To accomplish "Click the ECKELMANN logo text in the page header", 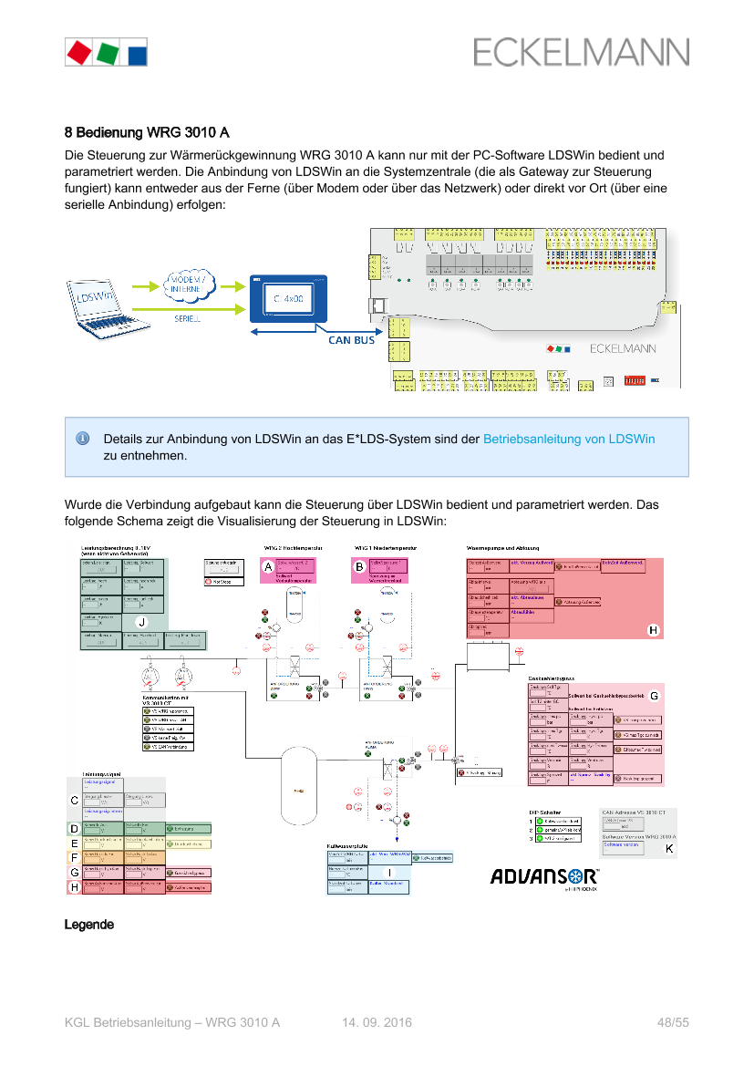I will (581, 52).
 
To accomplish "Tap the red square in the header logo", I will (79, 51).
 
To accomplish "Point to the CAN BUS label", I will (351, 341).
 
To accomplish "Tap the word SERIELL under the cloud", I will (188, 320).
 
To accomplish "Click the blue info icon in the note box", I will (82, 439).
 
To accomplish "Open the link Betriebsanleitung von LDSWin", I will (569, 439).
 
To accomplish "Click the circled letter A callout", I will (268, 567).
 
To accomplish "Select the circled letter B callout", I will (360, 567).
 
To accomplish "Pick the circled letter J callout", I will (141, 622).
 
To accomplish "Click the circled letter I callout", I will (389, 873).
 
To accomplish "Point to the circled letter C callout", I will (74, 800).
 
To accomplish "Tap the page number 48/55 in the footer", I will (673, 1023).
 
